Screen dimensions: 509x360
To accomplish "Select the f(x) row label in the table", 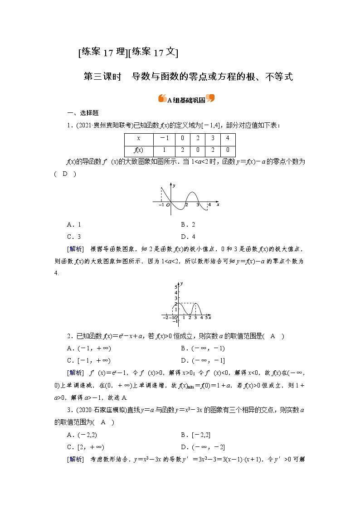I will [x=138, y=150].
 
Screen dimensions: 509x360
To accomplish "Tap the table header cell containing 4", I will [x=228, y=139].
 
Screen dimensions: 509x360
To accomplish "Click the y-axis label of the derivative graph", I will [x=174, y=186].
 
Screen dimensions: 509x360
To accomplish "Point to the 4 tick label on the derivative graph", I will [x=209, y=205].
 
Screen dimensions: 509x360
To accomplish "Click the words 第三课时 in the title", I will [x=102, y=77].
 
